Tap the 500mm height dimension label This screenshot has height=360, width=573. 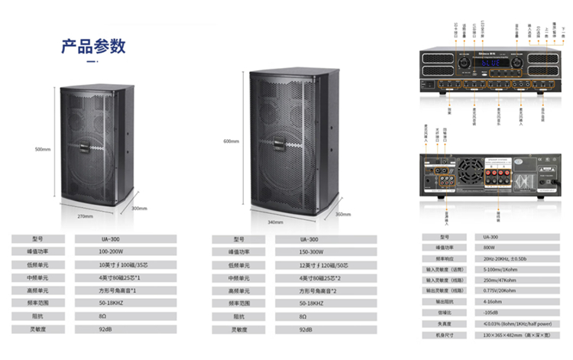click(x=43, y=149)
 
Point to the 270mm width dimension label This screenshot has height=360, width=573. click(x=86, y=216)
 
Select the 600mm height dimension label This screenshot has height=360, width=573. click(x=231, y=141)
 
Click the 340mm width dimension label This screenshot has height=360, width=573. click(x=275, y=222)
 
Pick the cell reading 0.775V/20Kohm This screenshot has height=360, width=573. click(x=503, y=291)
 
